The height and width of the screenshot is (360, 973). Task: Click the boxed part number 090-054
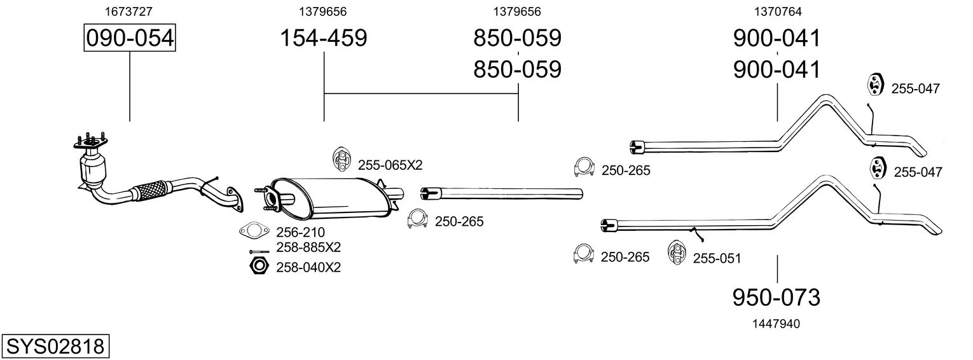tap(130, 38)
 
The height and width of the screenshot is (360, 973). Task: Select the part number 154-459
tap(324, 38)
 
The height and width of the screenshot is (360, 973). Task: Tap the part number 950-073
tap(776, 296)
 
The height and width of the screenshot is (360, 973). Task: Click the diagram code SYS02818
tap(55, 347)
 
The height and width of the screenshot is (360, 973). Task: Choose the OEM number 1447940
tap(776, 324)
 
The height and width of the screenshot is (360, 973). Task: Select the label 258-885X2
tap(308, 247)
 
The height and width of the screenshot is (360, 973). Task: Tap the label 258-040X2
tap(308, 267)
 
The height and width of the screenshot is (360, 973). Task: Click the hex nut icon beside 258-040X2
tap(257, 266)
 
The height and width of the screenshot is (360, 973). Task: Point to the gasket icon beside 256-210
tap(252, 231)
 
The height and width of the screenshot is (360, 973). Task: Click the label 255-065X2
tap(390, 165)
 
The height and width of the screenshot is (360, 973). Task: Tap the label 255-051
tap(717, 258)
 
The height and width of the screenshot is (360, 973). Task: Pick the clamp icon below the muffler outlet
tap(418, 218)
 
